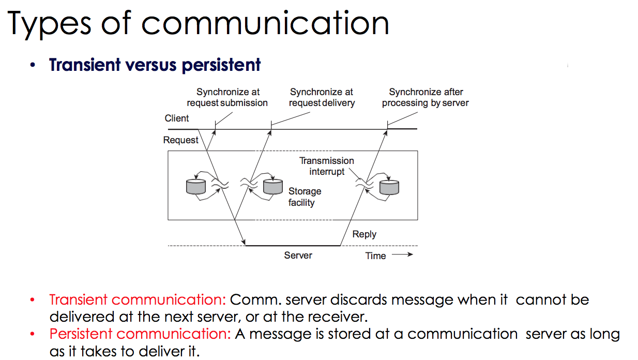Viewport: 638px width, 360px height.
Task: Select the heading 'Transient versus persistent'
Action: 155,65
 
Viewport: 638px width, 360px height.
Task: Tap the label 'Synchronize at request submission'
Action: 227,97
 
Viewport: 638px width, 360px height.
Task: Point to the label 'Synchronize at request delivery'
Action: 322,97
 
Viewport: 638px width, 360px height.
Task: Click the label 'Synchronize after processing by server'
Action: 425,97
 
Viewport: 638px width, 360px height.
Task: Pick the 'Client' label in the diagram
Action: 177,118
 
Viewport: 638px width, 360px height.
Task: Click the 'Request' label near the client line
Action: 180,140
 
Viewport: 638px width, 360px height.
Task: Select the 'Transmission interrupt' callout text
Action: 327,166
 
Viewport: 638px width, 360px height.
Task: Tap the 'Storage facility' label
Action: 305,197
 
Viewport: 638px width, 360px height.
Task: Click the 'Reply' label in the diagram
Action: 364,234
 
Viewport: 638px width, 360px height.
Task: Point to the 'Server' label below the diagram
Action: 298,255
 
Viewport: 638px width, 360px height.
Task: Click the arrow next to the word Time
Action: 402,254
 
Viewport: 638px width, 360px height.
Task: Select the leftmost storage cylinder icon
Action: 196,186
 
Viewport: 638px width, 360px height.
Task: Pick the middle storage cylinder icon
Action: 273,186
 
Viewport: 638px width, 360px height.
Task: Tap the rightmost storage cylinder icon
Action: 389,186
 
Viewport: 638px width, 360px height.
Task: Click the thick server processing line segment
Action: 293,245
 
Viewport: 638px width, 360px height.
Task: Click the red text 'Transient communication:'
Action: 138,300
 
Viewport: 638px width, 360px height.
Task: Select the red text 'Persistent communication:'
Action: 140,334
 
